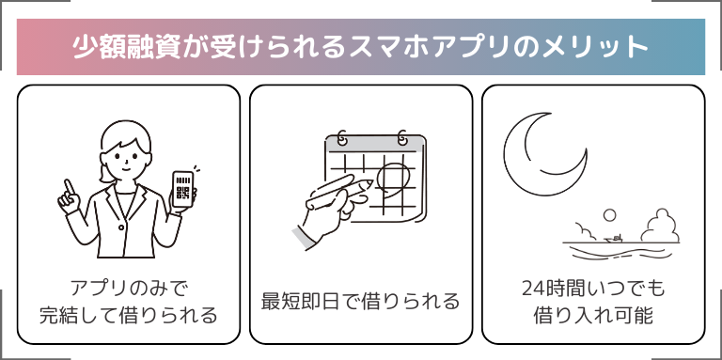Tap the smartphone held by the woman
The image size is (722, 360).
(183, 190)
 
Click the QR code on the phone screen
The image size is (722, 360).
(182, 194)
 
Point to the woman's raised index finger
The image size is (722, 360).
(69, 186)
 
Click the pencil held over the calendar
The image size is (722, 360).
(338, 191)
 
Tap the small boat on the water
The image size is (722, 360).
(613, 239)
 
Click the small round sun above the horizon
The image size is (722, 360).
(609, 215)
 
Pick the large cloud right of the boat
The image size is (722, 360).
(660, 226)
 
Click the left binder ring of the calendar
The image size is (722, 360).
(342, 137)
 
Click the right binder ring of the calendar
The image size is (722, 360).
(402, 137)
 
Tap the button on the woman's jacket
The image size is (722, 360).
(121, 227)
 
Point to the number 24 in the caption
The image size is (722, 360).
(532, 290)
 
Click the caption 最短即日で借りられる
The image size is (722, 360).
(361, 302)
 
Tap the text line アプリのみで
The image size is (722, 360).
(128, 290)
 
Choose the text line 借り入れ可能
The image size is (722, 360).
(593, 315)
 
